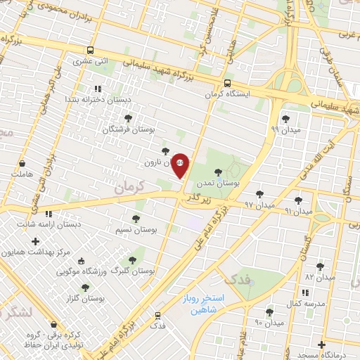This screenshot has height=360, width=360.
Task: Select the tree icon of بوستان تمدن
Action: click(218, 172)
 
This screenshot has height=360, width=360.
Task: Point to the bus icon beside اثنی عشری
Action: click(89, 50)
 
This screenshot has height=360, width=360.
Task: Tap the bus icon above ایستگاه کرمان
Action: click(226, 83)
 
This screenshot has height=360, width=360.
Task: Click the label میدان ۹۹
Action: click(285, 129)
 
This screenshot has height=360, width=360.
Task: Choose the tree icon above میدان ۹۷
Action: click(259, 193)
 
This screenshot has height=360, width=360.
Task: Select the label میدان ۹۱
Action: click(299, 211)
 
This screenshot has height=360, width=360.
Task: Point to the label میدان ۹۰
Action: click(269, 323)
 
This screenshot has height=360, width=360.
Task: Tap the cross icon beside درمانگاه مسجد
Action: click(321, 345)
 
